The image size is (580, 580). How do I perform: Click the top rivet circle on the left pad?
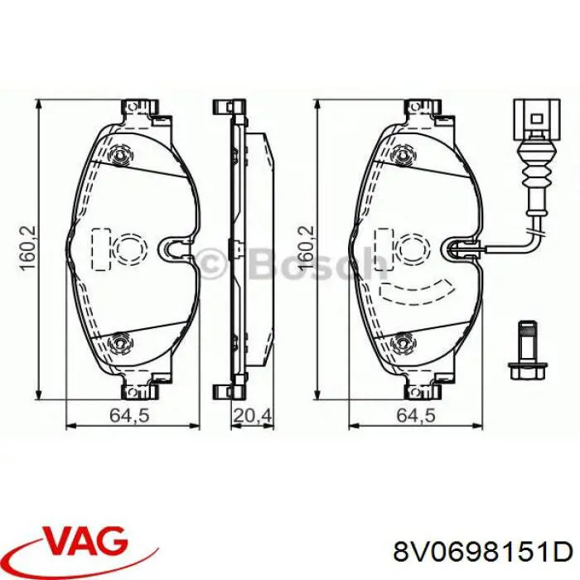123,154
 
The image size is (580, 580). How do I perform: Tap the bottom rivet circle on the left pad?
123,341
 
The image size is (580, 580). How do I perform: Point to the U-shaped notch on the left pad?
176,247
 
